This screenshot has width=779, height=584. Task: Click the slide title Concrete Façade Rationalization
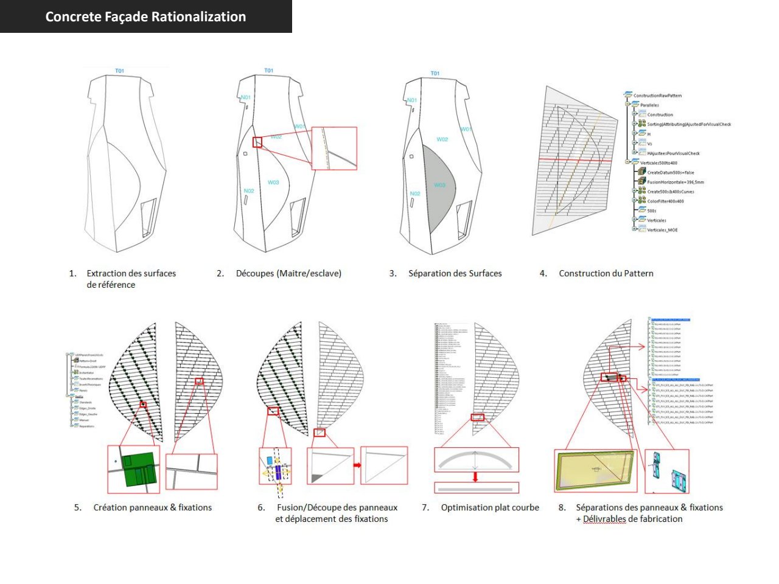(x=145, y=17)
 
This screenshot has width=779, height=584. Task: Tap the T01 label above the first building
(x=119, y=71)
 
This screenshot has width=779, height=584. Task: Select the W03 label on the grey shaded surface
(x=439, y=185)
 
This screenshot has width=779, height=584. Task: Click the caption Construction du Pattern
(x=606, y=274)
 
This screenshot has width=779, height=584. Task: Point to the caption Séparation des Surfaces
(x=455, y=274)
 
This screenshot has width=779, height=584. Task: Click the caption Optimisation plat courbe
(x=490, y=507)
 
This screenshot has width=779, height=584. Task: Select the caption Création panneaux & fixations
(x=152, y=507)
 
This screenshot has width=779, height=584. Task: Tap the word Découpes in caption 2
(x=255, y=274)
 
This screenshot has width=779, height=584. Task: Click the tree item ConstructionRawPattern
(x=657, y=96)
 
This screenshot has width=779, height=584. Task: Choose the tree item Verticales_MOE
(x=662, y=230)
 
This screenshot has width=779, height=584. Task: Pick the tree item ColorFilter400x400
(x=665, y=201)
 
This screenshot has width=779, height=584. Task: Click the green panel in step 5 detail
(x=138, y=469)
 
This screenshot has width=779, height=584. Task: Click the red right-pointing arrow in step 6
(x=357, y=465)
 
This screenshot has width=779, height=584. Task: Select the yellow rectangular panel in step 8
(x=595, y=470)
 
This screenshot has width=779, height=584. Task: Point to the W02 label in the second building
(x=276, y=137)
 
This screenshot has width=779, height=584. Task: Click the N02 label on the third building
(x=415, y=194)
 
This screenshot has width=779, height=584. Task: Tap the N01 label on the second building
(x=245, y=97)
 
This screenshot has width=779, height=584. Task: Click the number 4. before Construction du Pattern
(x=543, y=274)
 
